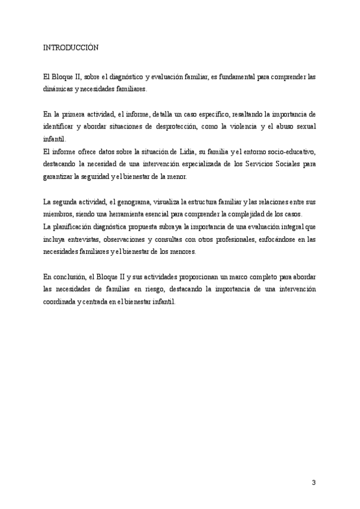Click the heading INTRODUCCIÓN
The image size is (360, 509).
pyautogui.click(x=71, y=47)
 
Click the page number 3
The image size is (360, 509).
pyautogui.click(x=313, y=483)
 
